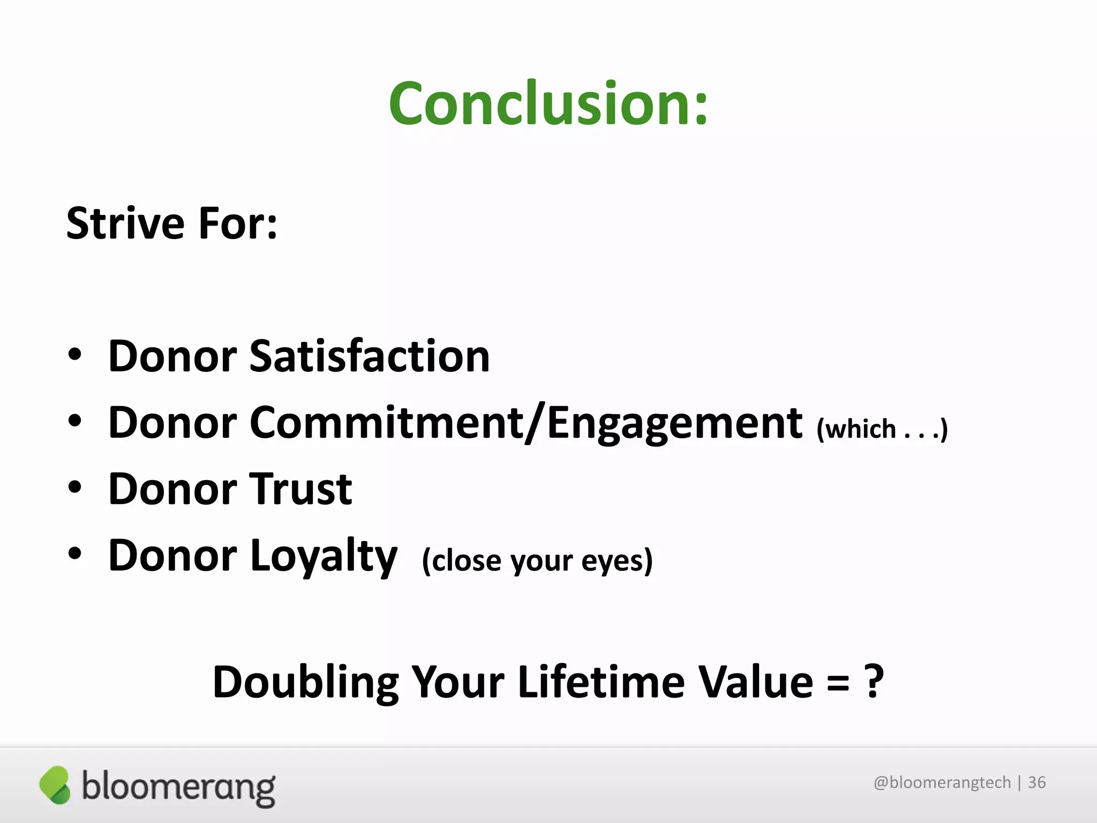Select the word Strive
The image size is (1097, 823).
coord(125,223)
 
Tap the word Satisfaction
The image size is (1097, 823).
coord(370,356)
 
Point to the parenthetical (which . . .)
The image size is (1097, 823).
coord(882,429)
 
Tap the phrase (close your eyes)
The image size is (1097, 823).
coord(537,561)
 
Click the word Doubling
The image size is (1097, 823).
coord(305,682)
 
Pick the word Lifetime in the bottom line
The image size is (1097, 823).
coord(601,682)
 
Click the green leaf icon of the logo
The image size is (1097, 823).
coord(55,785)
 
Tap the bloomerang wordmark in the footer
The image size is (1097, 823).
coord(178,788)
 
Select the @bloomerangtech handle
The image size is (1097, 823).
coord(942,783)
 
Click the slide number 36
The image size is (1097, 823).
coord(1036,783)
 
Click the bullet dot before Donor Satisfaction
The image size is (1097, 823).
coord(75,355)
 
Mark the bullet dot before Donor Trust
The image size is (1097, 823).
coord(75,487)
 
